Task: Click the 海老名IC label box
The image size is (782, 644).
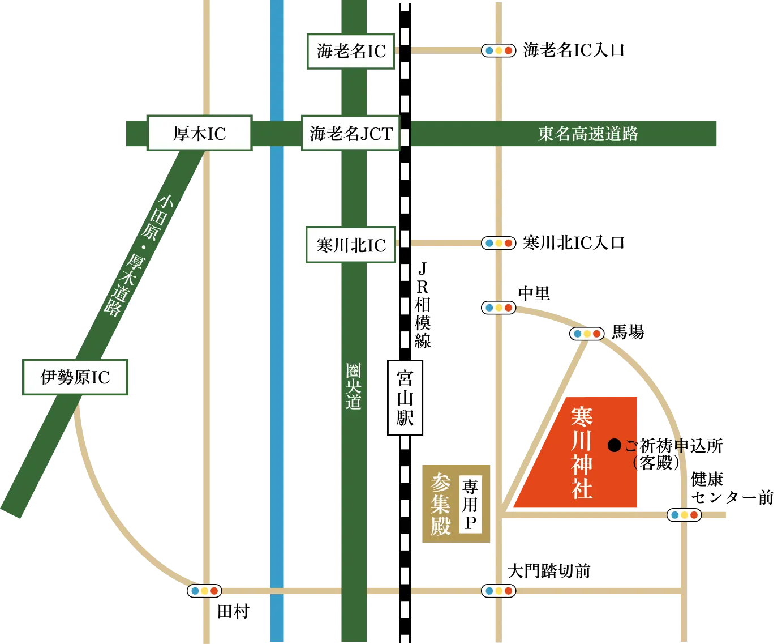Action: (350, 52)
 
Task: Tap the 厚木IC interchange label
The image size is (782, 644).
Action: (199, 134)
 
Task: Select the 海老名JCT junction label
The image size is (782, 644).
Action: (351, 134)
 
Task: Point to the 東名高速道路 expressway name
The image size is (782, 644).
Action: (588, 134)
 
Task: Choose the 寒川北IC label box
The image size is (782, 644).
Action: (350, 245)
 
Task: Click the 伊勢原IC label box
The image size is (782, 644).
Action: (75, 377)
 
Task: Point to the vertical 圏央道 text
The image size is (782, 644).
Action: (354, 387)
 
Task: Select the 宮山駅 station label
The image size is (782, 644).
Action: (405, 398)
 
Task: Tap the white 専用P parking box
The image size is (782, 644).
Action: (470, 504)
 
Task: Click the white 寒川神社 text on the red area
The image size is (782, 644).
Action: (582, 453)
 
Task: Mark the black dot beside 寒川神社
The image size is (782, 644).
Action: (615, 445)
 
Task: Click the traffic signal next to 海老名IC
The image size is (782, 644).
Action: (499, 50)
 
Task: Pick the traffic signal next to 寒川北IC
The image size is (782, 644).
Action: (499, 243)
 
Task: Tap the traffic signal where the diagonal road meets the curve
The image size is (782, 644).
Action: (587, 334)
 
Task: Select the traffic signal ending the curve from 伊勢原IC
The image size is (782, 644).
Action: (204, 591)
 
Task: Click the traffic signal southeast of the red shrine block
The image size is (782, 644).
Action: (684, 515)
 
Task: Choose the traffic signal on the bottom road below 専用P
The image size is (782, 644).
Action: (499, 591)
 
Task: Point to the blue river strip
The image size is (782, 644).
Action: (277, 340)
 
